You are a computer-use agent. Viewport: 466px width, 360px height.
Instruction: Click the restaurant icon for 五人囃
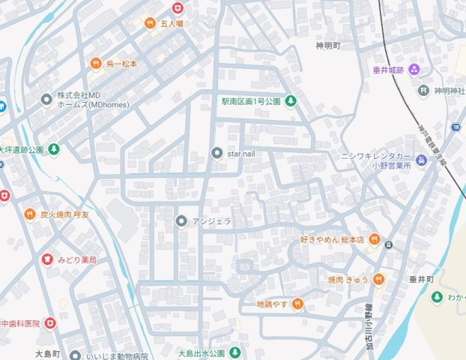point(150,23)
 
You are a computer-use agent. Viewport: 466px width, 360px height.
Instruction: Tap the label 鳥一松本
point(121,64)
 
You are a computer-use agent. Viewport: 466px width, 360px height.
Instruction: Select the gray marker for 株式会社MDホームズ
point(47,98)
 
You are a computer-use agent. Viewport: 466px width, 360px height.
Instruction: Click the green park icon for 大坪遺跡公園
point(54,149)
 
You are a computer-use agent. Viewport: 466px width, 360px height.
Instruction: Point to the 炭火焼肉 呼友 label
point(64,214)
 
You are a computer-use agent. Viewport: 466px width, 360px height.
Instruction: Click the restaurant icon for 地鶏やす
point(298,304)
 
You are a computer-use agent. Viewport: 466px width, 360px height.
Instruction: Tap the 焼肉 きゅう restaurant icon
point(378,280)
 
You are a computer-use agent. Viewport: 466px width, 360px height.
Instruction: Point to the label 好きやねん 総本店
point(332,240)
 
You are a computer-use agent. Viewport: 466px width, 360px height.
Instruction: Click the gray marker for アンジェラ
point(181,221)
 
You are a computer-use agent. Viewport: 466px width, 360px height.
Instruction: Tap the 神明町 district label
point(328,46)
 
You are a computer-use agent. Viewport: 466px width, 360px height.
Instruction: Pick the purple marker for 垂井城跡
point(414,70)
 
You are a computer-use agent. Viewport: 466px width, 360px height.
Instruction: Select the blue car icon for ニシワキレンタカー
point(422,160)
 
